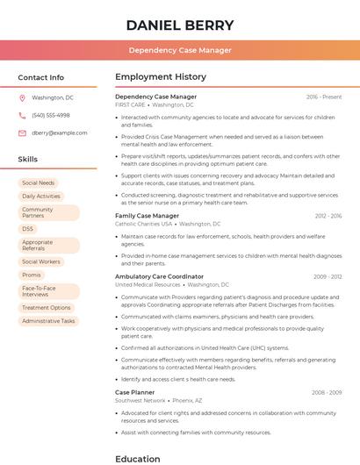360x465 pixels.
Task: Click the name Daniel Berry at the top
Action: pyautogui.click(x=180, y=25)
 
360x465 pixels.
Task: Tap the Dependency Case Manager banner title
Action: pyautogui.click(x=180, y=50)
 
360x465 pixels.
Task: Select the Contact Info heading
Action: pyautogui.click(x=41, y=77)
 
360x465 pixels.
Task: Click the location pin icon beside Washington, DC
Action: pyautogui.click(x=22, y=97)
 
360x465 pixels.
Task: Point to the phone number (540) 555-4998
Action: pyautogui.click(x=51, y=115)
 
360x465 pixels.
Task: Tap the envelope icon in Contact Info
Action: pyautogui.click(x=22, y=132)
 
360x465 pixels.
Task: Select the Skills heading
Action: pyautogui.click(x=28, y=160)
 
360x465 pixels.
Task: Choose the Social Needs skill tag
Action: pyautogui.click(x=38, y=182)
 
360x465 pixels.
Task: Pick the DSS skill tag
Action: pyautogui.click(x=28, y=229)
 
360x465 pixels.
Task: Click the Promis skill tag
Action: pyautogui.click(x=32, y=275)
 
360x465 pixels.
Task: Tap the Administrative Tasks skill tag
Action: pyautogui.click(x=48, y=321)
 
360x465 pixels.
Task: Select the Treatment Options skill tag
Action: pyautogui.click(x=47, y=308)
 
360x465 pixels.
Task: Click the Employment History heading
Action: pyautogui.click(x=160, y=77)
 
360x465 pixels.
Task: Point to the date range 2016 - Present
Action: pyautogui.click(x=324, y=97)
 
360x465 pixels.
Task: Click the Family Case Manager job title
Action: pyautogui.click(x=147, y=215)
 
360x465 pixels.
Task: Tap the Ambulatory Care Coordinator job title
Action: pyautogui.click(x=159, y=276)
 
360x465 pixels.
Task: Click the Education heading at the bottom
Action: pyautogui.click(x=138, y=458)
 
